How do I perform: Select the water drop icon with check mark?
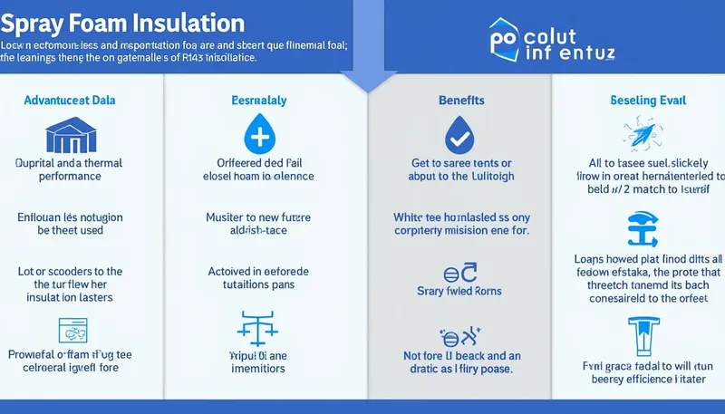click(459, 137)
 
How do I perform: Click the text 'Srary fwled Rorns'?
click(459, 291)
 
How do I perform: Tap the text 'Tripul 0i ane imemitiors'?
click(258, 362)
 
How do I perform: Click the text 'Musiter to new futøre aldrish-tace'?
click(258, 225)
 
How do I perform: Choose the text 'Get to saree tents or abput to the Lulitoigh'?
click(462, 169)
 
